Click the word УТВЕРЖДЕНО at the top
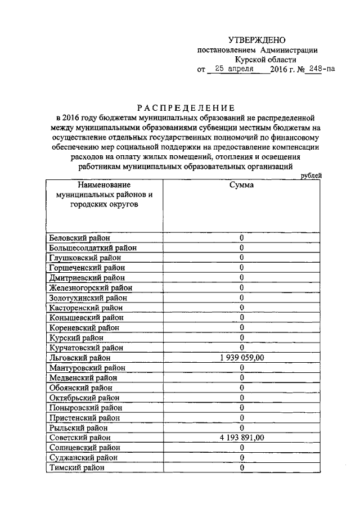pyautogui.click(x=257, y=40)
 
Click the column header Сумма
pyautogui.click(x=241, y=185)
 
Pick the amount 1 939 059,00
pyautogui.click(x=241, y=358)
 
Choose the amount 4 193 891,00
pyautogui.click(x=241, y=438)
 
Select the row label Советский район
pyautogui.click(x=80, y=438)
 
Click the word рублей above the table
pyautogui.click(x=311, y=175)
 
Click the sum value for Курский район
pyautogui.click(x=241, y=337)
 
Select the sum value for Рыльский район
pyautogui.click(x=241, y=427)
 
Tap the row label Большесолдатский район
pyautogui.click(x=93, y=248)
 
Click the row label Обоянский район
pyautogui.click(x=80, y=388)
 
